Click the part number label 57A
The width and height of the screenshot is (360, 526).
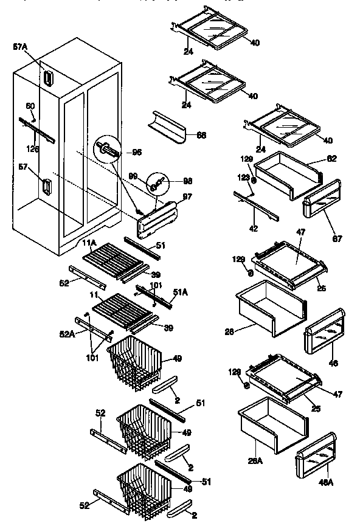pyautogui.click(x=20, y=46)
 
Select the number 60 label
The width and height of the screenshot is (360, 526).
pyautogui.click(x=29, y=106)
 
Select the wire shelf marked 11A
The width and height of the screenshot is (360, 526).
pyautogui.click(x=116, y=258)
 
